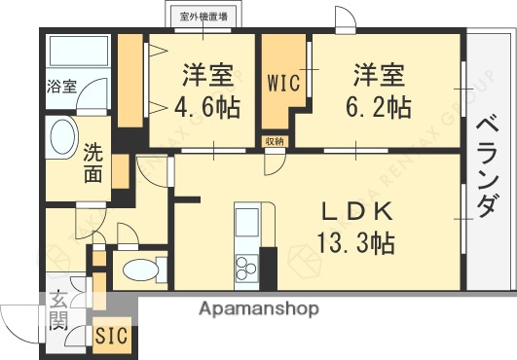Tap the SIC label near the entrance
tap(112, 338)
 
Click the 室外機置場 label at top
tap(203, 16)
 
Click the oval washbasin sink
tap(62, 138)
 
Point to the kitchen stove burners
tap(244, 262)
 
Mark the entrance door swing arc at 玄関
tap(19, 316)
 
